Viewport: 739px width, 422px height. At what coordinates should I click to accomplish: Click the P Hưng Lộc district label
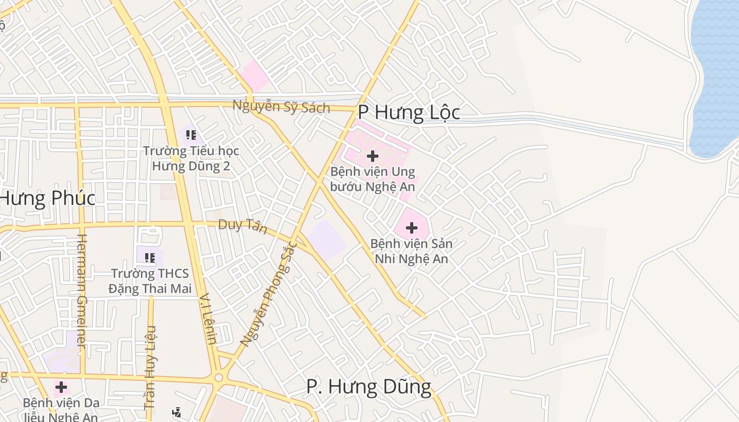409,112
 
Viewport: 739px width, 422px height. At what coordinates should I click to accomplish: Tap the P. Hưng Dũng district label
368,387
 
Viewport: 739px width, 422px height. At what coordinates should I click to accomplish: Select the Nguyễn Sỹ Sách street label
281,107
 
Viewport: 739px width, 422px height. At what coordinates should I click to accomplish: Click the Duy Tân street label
243,226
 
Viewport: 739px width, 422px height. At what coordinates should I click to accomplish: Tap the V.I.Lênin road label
208,319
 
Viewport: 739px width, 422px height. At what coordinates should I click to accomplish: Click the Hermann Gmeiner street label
81,291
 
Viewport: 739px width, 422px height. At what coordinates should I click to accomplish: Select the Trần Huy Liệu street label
150,368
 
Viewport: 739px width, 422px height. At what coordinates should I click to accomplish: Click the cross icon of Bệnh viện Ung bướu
373,156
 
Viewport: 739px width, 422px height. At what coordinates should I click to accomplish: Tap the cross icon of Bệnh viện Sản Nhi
412,228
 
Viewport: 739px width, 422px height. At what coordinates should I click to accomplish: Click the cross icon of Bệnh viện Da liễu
61,387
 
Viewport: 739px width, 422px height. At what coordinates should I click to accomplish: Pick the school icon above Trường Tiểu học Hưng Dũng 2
191,135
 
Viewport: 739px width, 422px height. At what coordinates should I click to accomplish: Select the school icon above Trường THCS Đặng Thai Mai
150,258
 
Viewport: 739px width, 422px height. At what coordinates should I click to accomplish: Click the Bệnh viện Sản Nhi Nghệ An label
411,251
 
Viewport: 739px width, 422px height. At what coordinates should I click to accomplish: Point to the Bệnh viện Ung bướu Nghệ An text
373,179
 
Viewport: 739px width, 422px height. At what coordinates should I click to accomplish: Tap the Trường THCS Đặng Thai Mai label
150,281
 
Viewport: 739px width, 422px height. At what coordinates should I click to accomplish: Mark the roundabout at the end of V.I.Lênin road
219,378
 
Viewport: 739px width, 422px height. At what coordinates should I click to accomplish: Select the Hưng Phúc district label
48,198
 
